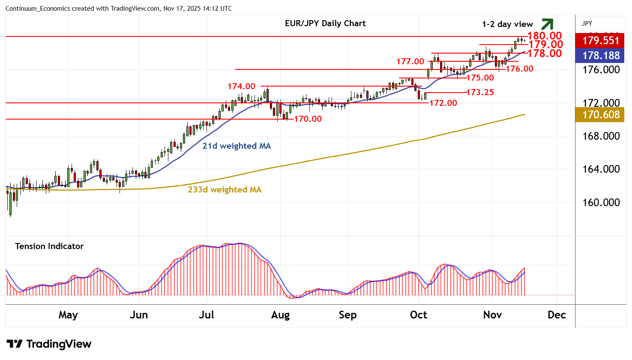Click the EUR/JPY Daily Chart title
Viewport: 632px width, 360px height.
click(325, 24)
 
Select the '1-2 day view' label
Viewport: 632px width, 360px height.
click(507, 24)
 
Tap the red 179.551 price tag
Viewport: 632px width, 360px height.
click(601, 41)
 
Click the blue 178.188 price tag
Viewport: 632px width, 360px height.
click(601, 55)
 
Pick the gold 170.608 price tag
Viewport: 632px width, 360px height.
click(601, 114)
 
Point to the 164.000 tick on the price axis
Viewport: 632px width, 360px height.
click(601, 169)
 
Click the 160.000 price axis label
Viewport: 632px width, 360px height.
click(601, 202)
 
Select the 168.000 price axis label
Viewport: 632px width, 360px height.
click(601, 136)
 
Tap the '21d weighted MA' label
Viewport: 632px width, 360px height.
click(237, 146)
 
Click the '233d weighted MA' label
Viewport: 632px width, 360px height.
click(225, 189)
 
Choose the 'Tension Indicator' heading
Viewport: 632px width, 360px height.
click(49, 246)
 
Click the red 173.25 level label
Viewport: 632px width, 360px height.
click(480, 92)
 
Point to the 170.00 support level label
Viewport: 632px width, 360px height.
click(308, 119)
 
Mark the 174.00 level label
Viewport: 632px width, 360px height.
click(241, 87)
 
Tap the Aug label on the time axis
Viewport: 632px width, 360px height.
click(280, 315)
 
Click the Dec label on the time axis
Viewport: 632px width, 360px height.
click(557, 315)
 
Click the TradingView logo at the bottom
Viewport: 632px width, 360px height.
click(49, 344)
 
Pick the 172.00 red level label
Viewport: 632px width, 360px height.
click(443, 103)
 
